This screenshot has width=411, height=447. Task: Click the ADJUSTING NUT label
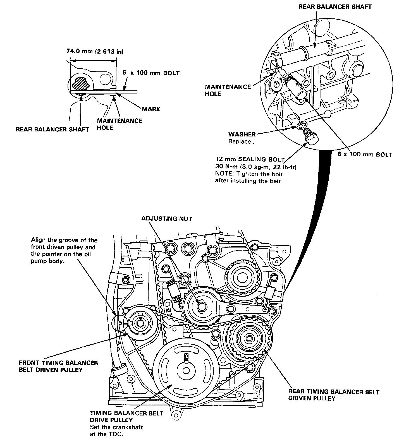tap(167, 218)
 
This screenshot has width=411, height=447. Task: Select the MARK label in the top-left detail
tap(151, 109)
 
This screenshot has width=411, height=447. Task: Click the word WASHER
tap(242, 134)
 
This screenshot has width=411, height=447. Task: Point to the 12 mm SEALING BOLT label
tap(250, 160)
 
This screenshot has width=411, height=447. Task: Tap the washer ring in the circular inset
tap(302, 126)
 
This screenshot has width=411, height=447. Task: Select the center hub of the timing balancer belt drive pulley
tap(186, 371)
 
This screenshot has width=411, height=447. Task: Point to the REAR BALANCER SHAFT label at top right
tap(335, 7)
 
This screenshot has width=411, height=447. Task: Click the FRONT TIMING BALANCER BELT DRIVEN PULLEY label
tap(58, 366)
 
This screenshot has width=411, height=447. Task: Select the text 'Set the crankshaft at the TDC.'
tap(116, 431)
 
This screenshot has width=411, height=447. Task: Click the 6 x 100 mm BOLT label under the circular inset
tap(365, 154)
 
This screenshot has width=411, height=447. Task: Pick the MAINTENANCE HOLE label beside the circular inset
tap(228, 90)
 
